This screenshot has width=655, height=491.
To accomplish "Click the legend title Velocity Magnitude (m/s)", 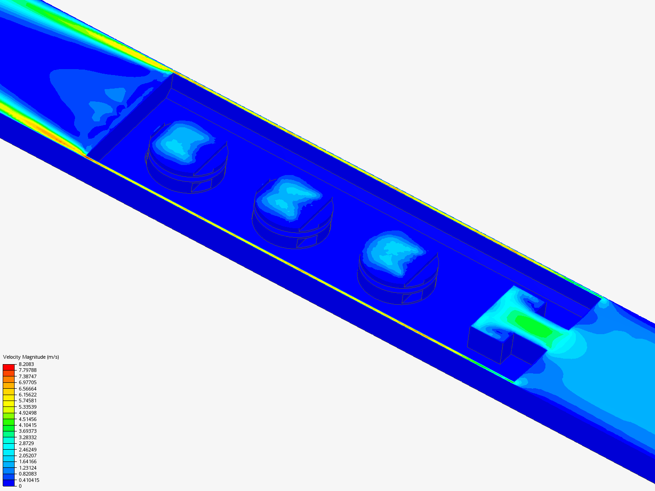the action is [31, 357].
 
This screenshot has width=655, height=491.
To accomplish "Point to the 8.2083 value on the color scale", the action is [26, 364].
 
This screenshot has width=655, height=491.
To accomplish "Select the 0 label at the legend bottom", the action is [20, 486].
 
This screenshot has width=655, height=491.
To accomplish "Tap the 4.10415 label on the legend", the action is [27, 425].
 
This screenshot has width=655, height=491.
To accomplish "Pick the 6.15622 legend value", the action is [27, 395].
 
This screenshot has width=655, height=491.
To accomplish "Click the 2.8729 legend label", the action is [26, 443].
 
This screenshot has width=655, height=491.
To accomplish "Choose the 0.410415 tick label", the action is [29, 480].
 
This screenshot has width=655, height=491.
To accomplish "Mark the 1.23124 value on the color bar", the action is [27, 468].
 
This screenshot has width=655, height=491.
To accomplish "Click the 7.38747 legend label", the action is [27, 376].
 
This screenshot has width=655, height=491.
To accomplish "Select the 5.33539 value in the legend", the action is [27, 407].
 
